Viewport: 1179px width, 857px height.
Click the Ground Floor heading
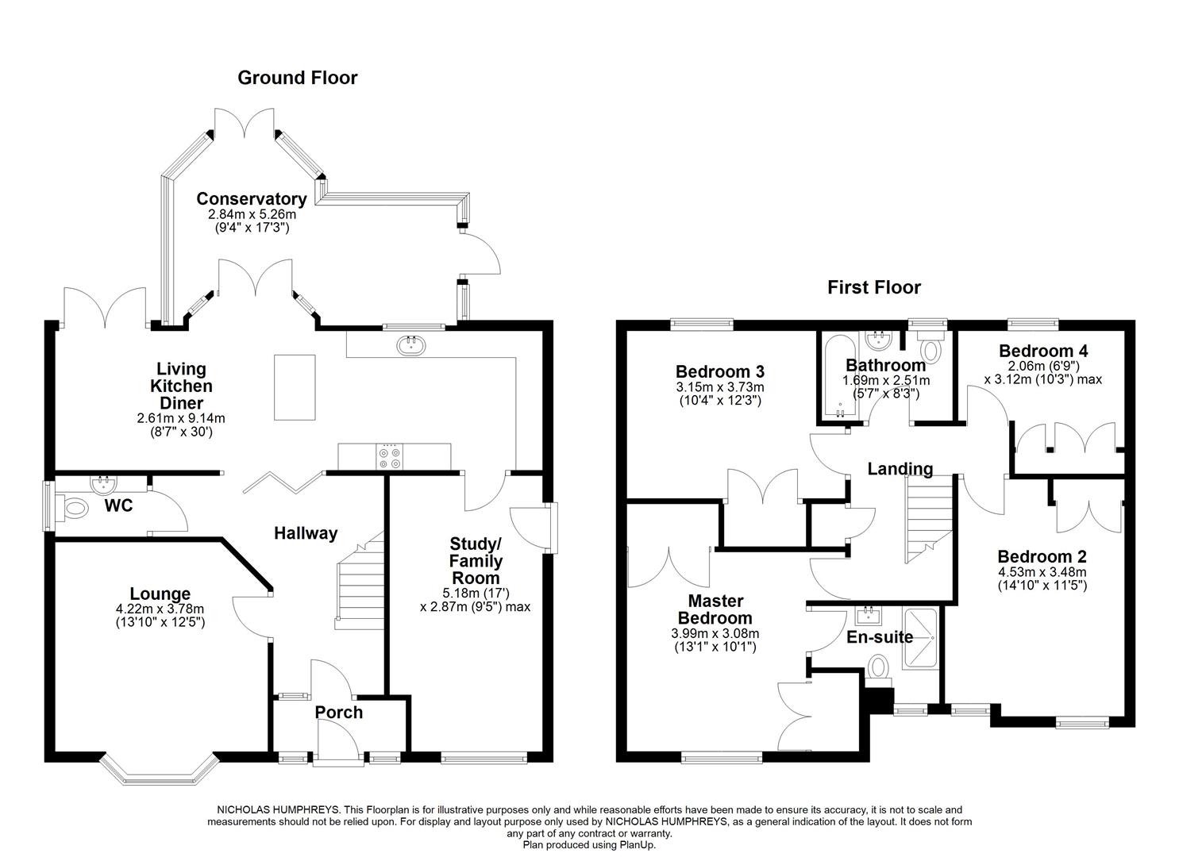(x=298, y=78)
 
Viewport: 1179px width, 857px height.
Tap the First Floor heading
(x=874, y=287)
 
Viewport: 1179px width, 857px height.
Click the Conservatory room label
(x=252, y=199)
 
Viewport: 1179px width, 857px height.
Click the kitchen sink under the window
(x=411, y=344)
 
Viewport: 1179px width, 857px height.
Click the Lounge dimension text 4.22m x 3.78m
(x=160, y=609)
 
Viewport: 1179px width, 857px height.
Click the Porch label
(x=339, y=713)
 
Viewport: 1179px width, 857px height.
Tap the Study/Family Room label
(x=476, y=561)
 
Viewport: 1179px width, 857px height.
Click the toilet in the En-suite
(x=879, y=668)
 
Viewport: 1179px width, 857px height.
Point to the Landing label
(x=900, y=469)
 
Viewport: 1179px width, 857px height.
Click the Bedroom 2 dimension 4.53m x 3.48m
(x=1042, y=572)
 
